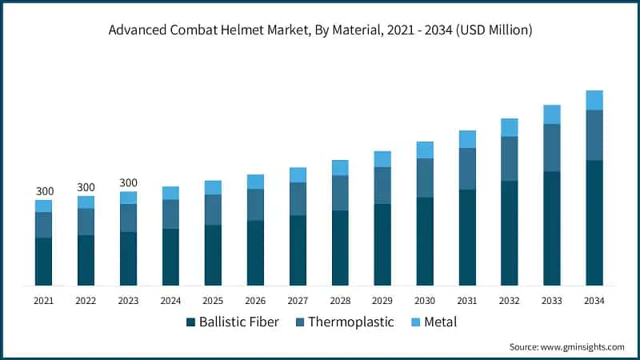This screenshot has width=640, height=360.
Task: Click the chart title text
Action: click(x=320, y=30)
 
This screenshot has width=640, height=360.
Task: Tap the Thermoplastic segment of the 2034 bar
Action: click(x=594, y=135)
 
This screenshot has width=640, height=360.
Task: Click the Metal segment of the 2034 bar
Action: click(x=594, y=100)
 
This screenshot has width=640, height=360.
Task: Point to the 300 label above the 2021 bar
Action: click(x=45, y=191)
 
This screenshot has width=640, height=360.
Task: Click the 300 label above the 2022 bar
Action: click(x=86, y=187)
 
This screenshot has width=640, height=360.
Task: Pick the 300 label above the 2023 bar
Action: click(x=128, y=182)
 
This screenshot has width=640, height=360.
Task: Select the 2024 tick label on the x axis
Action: click(x=170, y=301)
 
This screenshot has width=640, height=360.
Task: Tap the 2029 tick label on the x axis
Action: click(x=382, y=301)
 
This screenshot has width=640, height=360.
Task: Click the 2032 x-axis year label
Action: click(x=509, y=301)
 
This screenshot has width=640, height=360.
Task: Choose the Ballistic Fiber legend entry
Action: click(x=232, y=322)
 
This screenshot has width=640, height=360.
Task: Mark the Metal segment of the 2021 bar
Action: click(x=43, y=206)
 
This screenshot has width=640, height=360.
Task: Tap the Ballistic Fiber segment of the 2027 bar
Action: click(x=298, y=250)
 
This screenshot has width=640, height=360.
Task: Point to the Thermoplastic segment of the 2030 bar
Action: click(x=425, y=178)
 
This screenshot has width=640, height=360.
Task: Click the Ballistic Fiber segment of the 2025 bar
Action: click(x=213, y=255)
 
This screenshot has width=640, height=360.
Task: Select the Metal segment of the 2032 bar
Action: click(x=509, y=127)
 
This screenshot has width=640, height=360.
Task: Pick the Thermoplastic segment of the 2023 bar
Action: click(x=128, y=218)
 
